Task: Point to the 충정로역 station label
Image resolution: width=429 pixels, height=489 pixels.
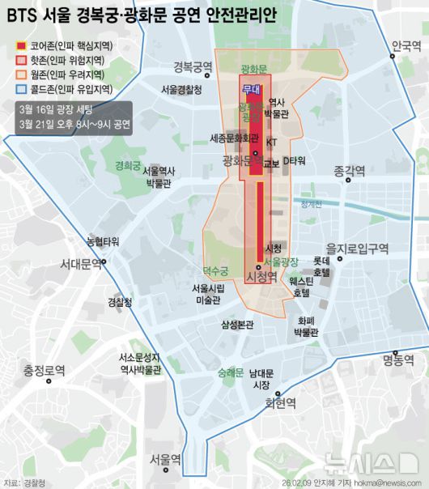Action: [44, 371]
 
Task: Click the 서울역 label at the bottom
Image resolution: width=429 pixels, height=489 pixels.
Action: [165, 459]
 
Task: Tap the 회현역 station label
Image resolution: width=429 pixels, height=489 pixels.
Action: [281, 402]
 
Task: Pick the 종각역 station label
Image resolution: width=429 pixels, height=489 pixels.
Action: [349, 171]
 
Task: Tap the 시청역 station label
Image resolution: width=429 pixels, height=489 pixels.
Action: [261, 277]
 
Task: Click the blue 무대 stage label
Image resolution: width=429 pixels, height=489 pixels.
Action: [252, 91]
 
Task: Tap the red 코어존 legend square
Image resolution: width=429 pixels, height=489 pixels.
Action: [21, 45]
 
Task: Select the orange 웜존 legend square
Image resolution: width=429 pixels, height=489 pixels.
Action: [21, 74]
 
